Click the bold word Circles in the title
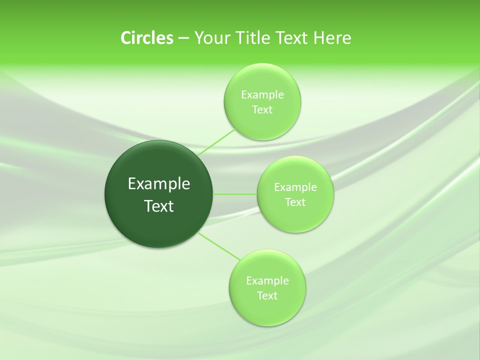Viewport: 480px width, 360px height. (x=146, y=38)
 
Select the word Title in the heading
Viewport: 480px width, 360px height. (x=252, y=38)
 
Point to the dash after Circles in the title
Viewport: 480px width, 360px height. (x=183, y=38)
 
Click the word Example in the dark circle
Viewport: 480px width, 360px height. (x=159, y=184)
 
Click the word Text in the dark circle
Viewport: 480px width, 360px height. (x=159, y=206)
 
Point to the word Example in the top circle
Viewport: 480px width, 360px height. (x=262, y=94)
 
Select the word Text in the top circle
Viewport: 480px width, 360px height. (x=262, y=110)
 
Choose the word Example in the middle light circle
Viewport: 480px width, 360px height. (x=295, y=187)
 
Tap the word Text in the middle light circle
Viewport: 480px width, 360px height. (x=295, y=202)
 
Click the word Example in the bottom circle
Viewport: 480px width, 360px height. (x=267, y=280)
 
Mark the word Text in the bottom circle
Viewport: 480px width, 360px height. (x=267, y=296)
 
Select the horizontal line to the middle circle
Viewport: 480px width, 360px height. (x=235, y=194)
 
